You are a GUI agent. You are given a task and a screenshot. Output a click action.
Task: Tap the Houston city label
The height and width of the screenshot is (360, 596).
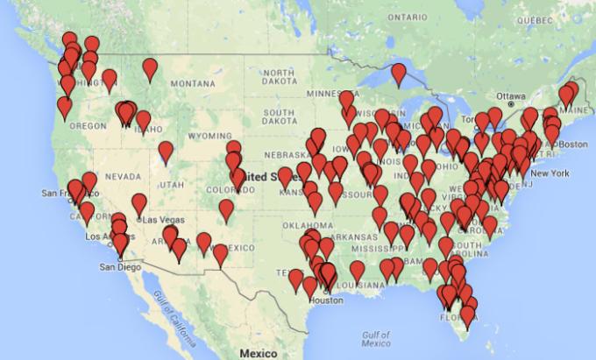(x=325, y=300)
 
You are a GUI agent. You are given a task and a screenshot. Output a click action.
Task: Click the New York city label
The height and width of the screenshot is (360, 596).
(x=550, y=173)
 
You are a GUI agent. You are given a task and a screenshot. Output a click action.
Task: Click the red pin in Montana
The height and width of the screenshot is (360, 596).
(x=150, y=67)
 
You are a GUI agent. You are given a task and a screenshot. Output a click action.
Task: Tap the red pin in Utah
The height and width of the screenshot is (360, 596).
(x=166, y=152)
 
